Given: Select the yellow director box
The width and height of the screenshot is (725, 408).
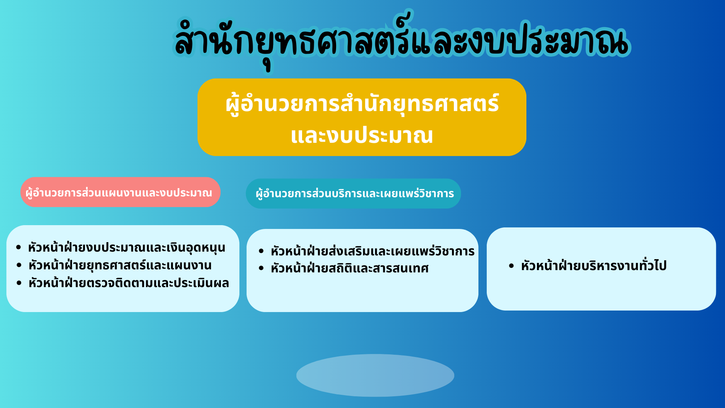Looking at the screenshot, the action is click(x=362, y=117).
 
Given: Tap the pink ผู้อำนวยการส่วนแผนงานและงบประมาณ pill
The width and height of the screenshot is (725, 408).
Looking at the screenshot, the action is click(x=120, y=192).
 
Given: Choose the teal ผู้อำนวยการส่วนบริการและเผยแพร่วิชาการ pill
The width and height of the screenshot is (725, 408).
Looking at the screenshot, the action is click(x=353, y=193).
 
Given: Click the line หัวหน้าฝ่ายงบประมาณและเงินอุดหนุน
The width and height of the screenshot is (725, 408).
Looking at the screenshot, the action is click(x=126, y=248).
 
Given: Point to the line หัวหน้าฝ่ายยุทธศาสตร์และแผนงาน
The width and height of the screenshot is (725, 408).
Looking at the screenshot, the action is click(x=120, y=265).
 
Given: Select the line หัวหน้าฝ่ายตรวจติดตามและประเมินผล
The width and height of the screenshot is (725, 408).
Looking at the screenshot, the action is click(x=129, y=283).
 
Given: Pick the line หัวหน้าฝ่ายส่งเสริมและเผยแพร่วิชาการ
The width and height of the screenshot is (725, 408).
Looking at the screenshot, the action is click(x=373, y=251).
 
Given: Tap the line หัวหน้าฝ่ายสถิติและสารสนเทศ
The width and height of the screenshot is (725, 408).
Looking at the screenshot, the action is click(x=350, y=268).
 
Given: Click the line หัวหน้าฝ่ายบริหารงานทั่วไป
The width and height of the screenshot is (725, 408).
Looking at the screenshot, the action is click(x=594, y=266).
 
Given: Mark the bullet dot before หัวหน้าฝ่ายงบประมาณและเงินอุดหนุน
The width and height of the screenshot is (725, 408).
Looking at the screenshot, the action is click(x=19, y=248).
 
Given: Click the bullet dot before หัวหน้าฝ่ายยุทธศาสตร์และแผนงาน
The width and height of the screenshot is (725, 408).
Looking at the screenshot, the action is click(x=19, y=265).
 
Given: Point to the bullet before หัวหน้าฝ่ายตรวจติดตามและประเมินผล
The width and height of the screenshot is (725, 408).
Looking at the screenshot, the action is click(x=19, y=283).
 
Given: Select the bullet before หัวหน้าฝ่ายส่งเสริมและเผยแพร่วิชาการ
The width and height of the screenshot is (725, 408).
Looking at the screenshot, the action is click(x=261, y=251).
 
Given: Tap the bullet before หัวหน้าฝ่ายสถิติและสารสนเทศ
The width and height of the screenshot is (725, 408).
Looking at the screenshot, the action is click(x=261, y=268).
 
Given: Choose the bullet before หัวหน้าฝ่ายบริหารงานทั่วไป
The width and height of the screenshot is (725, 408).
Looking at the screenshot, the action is click(x=511, y=266).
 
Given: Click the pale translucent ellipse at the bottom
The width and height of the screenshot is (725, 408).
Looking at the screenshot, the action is click(x=375, y=375).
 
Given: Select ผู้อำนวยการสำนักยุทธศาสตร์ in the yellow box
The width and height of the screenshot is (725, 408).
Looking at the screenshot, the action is click(x=362, y=104).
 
